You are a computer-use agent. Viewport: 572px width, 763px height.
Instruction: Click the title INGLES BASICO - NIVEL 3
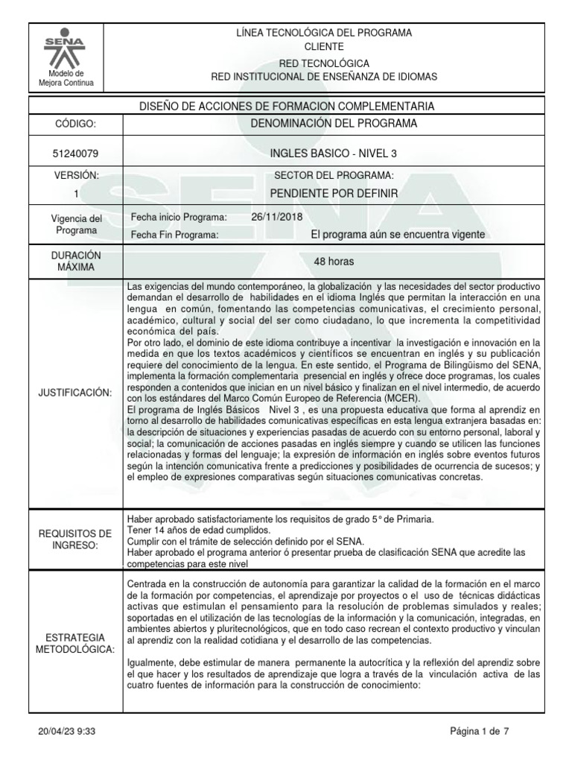tap(334, 153)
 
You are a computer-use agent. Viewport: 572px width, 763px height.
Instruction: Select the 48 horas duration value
tap(334, 262)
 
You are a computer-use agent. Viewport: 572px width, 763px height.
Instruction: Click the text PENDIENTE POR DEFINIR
tap(334, 194)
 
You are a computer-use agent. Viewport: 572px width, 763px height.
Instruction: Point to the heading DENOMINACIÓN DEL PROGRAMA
tap(334, 123)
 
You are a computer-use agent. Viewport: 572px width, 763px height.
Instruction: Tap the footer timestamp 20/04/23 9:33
tap(66, 732)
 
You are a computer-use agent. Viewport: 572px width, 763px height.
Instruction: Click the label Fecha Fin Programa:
tap(174, 235)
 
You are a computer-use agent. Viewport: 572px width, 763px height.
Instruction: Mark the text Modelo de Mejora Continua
tap(66, 77)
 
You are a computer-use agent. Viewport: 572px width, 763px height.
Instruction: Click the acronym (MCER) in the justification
tap(398, 398)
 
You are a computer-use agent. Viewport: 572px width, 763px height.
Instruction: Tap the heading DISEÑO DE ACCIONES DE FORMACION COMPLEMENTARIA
tap(286, 106)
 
